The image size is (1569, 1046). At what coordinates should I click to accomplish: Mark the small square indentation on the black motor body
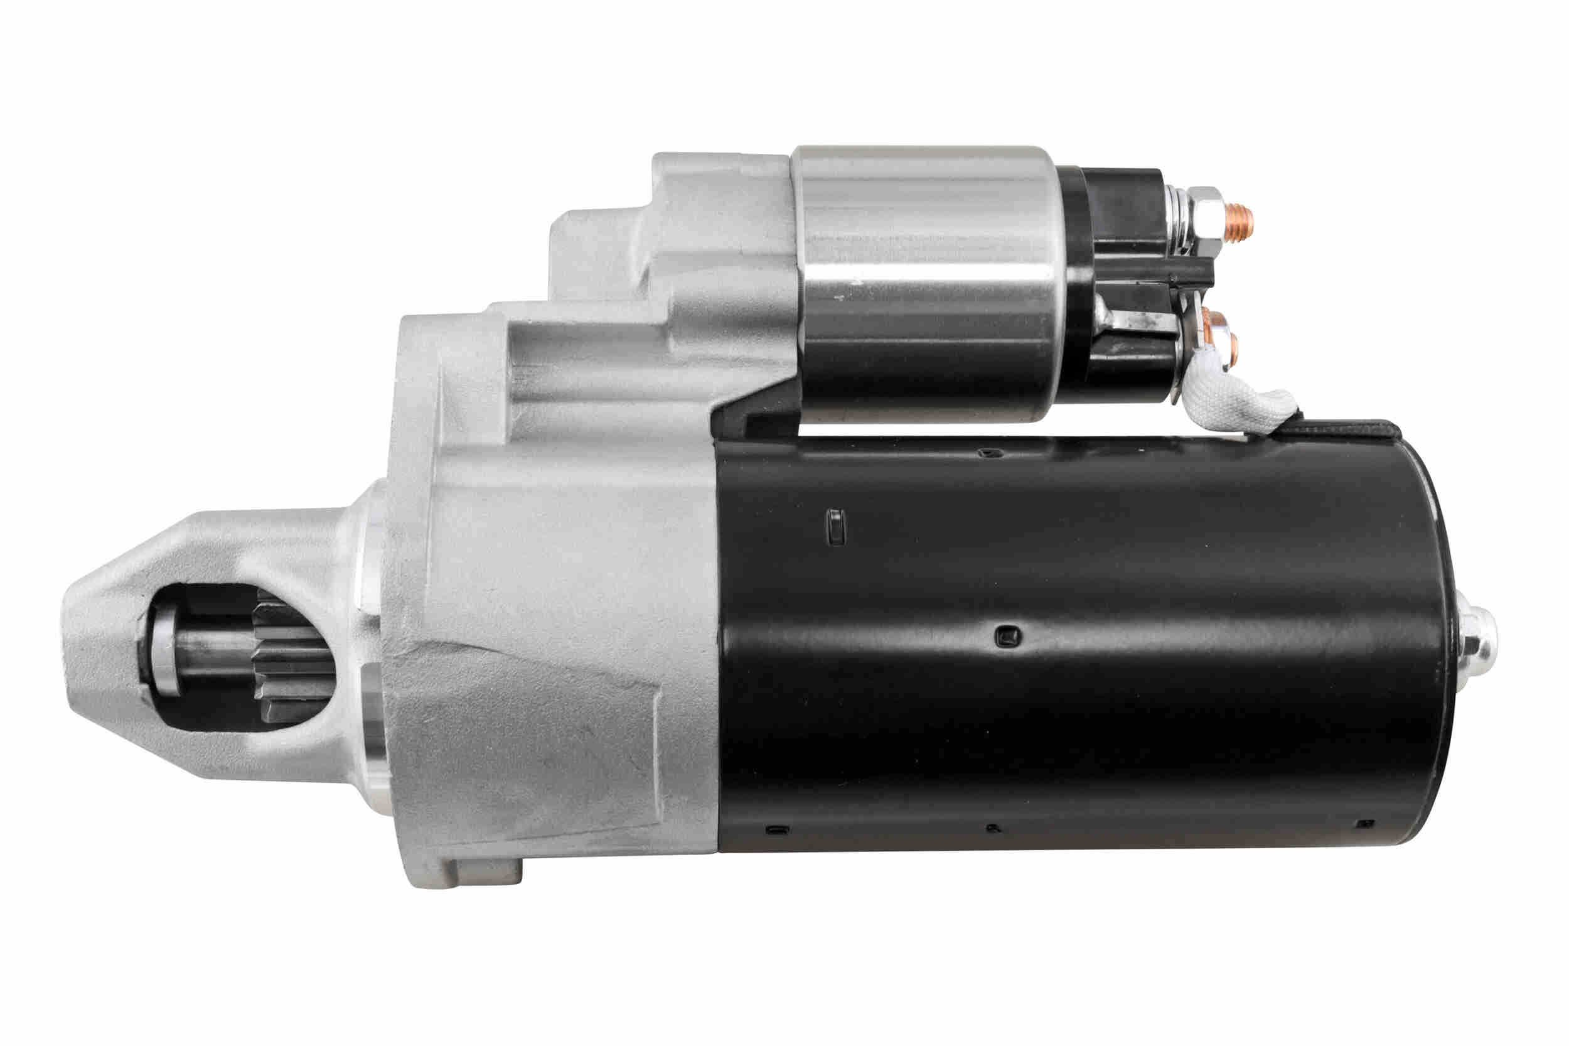(1007, 636)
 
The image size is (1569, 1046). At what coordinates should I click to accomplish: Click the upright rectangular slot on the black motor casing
(835, 527)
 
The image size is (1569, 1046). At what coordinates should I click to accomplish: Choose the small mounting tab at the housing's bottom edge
(487, 871)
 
